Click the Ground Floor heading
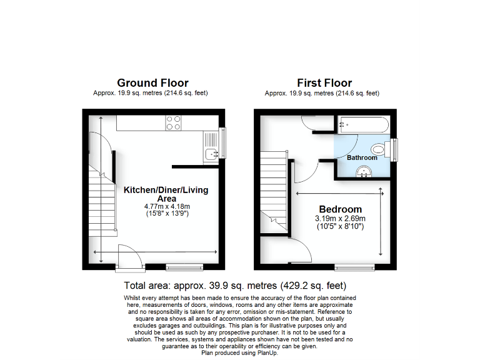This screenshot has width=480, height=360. click(152, 83)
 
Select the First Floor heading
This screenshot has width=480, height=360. click(324, 83)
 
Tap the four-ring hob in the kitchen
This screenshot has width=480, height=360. click(173, 122)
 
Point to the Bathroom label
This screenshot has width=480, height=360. click(362, 157)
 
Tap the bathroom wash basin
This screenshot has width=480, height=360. click(362, 174)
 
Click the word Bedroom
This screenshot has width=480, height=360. click(340, 209)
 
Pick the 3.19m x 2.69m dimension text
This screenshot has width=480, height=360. click(341, 218)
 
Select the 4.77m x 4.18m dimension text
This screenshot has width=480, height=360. click(166, 206)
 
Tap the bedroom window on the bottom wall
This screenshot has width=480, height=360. click(354, 268)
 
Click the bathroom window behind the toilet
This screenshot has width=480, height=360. click(395, 149)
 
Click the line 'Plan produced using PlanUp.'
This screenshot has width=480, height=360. click(240, 352)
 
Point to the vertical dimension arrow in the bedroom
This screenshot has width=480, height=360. click(381, 222)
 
